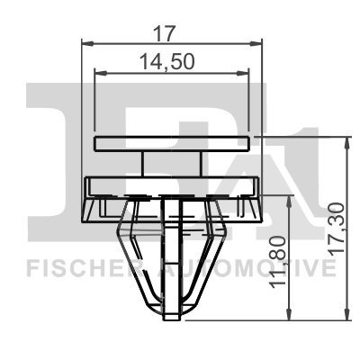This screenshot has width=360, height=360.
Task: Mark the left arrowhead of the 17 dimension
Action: point(86,41)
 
